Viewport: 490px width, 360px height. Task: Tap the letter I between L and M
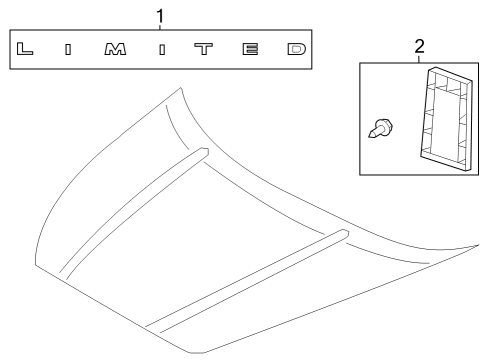pyautogui.click(x=68, y=48)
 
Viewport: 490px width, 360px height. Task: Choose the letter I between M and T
pyautogui.click(x=161, y=48)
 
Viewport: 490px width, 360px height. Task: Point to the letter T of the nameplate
pyautogui.click(x=205, y=48)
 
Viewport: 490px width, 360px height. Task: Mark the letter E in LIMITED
pyautogui.click(x=251, y=48)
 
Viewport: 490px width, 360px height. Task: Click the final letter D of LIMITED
pyautogui.click(x=295, y=48)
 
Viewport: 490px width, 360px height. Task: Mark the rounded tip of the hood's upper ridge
pyautogui.click(x=201, y=151)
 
